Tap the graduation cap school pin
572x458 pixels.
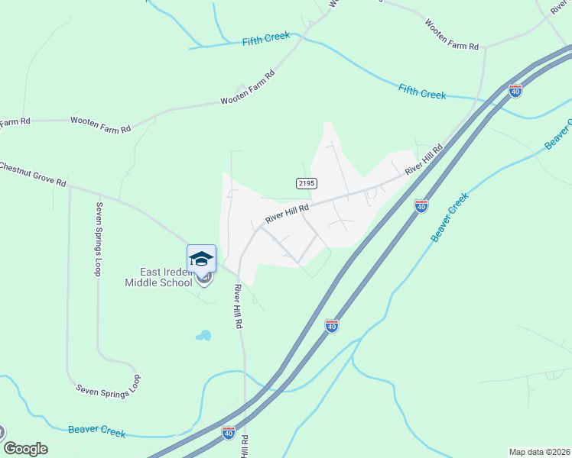(x=202, y=259)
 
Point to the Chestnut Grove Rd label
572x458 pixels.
(x=32, y=175)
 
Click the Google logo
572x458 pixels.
(x=25, y=449)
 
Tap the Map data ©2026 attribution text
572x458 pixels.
(x=540, y=452)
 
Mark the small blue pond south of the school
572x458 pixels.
(x=203, y=335)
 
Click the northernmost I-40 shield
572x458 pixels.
(x=515, y=91)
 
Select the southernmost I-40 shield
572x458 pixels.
(x=229, y=433)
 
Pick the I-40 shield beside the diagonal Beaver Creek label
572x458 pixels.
(x=421, y=206)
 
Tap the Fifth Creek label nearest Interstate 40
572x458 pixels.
(x=421, y=94)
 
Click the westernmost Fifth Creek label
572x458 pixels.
(x=267, y=41)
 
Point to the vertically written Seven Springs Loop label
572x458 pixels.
(x=98, y=239)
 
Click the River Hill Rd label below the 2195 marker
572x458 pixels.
(x=287, y=213)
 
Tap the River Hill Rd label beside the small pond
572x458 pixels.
(x=239, y=306)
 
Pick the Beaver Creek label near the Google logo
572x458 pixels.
(x=96, y=431)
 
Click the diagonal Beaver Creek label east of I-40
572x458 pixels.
(x=449, y=218)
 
